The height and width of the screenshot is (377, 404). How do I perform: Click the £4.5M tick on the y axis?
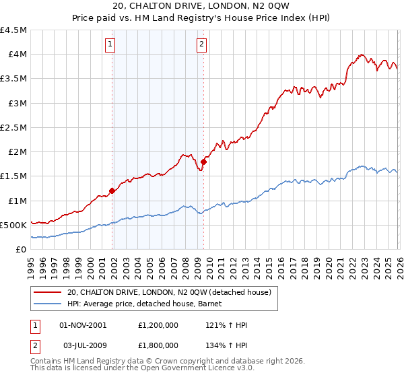[14, 30]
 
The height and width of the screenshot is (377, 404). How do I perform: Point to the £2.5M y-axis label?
[14, 127]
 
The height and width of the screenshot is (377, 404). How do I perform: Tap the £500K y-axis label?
[14, 225]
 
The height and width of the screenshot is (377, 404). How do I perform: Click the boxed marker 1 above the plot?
[110, 45]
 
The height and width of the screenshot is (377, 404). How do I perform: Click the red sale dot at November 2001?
[112, 191]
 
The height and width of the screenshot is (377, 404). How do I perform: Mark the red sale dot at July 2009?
[203, 162]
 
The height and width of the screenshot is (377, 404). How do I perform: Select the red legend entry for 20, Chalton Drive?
[168, 292]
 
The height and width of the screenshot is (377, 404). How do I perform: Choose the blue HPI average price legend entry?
[148, 304]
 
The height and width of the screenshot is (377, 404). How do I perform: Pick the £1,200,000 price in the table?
[160, 325]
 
